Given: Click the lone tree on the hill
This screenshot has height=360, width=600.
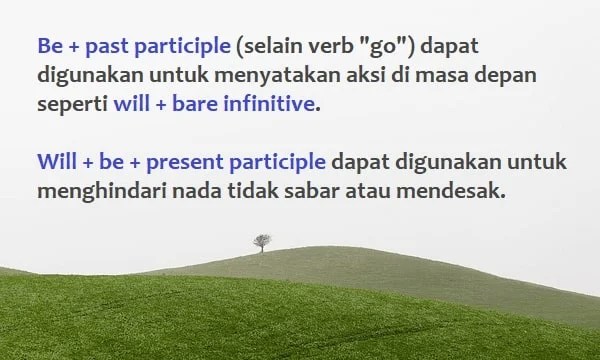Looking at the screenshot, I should [x=262, y=242].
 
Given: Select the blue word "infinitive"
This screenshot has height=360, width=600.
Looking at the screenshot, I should [x=267, y=104].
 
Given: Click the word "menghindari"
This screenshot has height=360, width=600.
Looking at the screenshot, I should [x=97, y=188].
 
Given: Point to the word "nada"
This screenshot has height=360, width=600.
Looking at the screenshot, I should [x=190, y=188].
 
